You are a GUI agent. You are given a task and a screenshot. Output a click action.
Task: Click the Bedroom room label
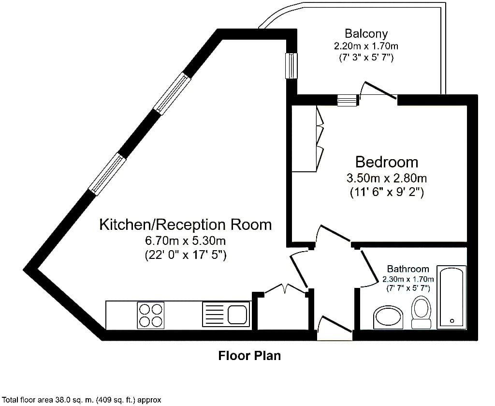[x=387, y=162]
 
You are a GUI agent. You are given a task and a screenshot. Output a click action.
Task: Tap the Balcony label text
[x=366, y=33]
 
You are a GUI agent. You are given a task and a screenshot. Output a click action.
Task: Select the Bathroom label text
[x=408, y=269]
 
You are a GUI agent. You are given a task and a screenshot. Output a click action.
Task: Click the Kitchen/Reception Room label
[x=185, y=225]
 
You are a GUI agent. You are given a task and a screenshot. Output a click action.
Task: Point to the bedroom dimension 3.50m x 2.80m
[x=387, y=179]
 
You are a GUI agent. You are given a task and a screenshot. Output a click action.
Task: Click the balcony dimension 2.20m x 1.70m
[x=366, y=46]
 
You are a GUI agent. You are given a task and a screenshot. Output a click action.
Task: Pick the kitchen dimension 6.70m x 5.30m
[x=185, y=241]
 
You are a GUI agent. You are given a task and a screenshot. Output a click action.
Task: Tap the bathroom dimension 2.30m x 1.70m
[x=408, y=279]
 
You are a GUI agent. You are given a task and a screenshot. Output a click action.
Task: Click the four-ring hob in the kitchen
[x=151, y=315]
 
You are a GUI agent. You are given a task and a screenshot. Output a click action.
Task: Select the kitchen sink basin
[x=237, y=315]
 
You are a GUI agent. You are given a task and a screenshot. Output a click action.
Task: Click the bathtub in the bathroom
[x=451, y=297]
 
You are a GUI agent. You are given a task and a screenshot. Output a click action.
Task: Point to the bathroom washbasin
[x=388, y=317]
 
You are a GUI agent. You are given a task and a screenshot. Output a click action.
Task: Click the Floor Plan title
[x=249, y=356]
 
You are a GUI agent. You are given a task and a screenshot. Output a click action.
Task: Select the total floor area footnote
[x=81, y=400]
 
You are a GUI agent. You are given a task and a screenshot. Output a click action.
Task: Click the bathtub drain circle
[x=452, y=321]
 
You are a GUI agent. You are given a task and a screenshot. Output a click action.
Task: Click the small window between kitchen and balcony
[x=291, y=65]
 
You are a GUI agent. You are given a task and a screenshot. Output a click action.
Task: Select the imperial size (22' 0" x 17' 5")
[x=185, y=255]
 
